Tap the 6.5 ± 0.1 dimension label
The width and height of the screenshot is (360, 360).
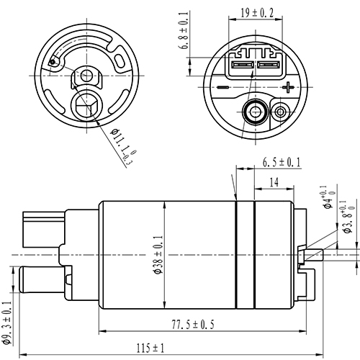click(282, 163)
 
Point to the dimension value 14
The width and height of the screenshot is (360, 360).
click(275, 183)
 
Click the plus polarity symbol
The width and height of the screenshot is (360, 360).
click(289, 89)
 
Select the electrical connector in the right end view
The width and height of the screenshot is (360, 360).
click(256, 66)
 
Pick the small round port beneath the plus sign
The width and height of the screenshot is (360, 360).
click(282, 112)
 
